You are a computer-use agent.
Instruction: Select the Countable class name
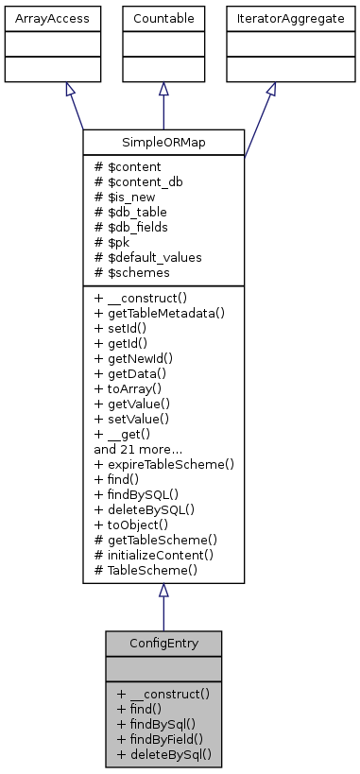163,17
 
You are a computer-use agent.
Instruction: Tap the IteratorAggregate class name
271,17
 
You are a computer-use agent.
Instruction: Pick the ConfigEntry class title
163,643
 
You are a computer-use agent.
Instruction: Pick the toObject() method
135,525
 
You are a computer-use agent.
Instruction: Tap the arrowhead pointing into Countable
163,89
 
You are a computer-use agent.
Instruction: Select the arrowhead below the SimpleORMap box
163,591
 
